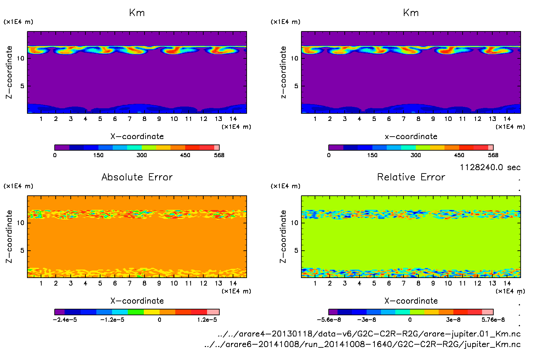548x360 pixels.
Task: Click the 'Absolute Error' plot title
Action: click(137, 177)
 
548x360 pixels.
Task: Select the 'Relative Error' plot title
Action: click(411, 177)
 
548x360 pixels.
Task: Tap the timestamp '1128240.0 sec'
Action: click(490, 167)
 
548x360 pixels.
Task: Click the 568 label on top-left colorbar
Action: click(219, 155)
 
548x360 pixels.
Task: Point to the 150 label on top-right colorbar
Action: click(372, 155)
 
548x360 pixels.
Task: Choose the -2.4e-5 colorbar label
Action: click(65, 320)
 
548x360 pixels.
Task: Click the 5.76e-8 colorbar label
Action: click(493, 320)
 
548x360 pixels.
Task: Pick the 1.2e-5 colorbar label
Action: click(207, 320)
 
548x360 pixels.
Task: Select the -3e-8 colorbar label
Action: click(367, 320)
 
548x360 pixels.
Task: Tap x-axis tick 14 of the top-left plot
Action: click(233, 119)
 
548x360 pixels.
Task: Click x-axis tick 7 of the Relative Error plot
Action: click(403, 283)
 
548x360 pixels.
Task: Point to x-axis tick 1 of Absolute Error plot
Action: click(41, 283)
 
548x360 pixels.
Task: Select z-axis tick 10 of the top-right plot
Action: click(294, 58)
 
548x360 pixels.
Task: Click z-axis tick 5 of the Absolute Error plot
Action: click(22, 251)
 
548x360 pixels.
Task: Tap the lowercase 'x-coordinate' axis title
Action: click(411, 137)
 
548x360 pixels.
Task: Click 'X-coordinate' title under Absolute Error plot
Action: click(137, 301)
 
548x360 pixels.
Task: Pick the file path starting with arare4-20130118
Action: click(369, 334)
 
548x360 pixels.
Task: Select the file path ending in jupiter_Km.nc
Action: click(362, 344)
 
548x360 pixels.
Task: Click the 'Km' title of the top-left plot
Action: click(137, 13)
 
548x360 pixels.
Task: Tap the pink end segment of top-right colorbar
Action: click(491, 148)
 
